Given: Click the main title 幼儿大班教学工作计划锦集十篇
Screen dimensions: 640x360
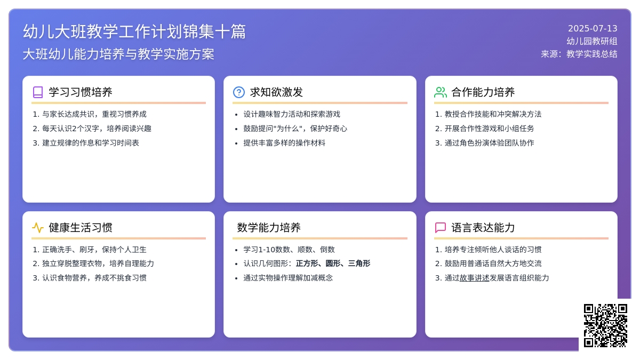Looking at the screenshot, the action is pos(134,31).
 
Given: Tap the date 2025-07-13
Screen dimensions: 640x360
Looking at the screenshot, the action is pos(593,29).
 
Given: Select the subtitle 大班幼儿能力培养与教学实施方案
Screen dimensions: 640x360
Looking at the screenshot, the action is pos(118,54).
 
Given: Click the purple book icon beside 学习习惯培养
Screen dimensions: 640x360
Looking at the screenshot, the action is pos(38,92).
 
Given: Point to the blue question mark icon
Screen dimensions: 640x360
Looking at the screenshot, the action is pos(239,92).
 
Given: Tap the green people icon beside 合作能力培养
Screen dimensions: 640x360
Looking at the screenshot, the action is pos(441,92).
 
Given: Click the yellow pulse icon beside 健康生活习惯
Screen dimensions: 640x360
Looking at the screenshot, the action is pos(38,228).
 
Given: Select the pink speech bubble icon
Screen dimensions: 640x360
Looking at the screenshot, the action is pos(441,228).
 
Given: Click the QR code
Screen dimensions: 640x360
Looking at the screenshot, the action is pos(605,325).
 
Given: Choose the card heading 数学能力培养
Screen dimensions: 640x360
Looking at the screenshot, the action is pos(269,228).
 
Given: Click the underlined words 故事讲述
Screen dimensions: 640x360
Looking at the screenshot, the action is pos(474,278).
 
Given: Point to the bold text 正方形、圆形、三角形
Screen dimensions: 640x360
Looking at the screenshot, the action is pos(333,263).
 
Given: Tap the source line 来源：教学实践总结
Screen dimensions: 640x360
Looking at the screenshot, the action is pos(579,54).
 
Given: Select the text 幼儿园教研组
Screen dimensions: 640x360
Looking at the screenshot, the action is pos(592,41).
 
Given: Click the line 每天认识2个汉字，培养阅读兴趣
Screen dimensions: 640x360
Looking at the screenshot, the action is pos(97,129).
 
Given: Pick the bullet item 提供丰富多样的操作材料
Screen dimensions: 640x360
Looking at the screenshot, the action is pos(284,143).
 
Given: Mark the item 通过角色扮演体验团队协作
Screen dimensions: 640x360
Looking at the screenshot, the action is pos(489,143).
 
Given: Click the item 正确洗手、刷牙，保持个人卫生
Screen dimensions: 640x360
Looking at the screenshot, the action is pos(94,250).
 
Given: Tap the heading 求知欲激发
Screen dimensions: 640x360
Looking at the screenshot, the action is pos(276,92).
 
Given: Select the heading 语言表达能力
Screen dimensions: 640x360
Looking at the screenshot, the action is pos(483,228).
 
